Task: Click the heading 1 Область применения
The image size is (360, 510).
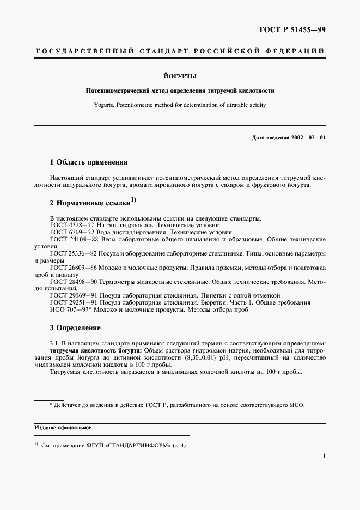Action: tap(88, 162)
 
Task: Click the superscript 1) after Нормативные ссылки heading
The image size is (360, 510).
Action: tap(133, 200)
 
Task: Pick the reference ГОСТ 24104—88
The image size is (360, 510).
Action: tap(74, 239)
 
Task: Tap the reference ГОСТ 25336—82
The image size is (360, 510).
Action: tap(74, 254)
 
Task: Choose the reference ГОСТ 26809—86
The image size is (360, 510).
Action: tap(74, 268)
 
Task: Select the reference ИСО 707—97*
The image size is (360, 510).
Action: tap(70, 310)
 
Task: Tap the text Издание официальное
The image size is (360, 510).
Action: tap(60, 428)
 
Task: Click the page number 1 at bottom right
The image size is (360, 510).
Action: tap(324, 456)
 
